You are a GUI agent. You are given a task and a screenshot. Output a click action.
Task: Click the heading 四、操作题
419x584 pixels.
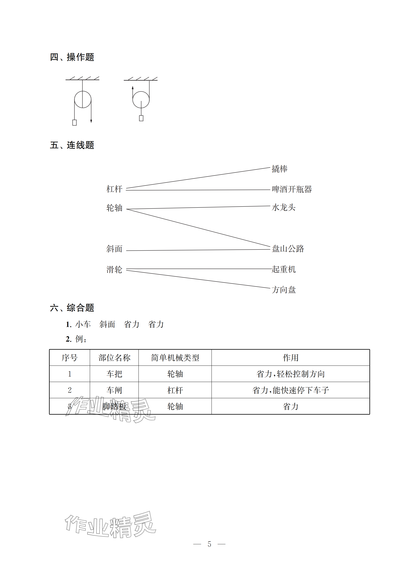72,57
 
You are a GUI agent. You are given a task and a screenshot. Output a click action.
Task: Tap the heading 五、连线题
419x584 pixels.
72,145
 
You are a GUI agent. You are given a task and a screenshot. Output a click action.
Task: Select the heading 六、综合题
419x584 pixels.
72,308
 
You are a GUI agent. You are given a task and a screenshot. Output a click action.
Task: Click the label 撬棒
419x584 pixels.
279,169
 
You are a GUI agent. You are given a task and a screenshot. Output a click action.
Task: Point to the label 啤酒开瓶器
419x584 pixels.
292,189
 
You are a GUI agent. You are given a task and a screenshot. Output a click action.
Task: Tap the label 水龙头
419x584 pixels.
283,207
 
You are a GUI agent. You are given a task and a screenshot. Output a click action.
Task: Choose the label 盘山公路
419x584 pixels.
288,249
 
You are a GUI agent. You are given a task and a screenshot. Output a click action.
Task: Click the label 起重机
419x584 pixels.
284,269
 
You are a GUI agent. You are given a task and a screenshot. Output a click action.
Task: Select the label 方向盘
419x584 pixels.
284,290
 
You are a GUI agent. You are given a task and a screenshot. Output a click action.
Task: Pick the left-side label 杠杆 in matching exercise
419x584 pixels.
114,189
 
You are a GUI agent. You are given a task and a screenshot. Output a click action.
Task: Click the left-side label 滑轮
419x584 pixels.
114,270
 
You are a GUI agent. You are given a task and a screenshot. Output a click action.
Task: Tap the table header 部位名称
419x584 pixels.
114,358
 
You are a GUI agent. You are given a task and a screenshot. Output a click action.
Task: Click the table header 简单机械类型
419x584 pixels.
175,358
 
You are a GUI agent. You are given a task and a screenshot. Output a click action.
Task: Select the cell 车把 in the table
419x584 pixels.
114,374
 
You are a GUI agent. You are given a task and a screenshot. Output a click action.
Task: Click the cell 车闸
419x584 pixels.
114,390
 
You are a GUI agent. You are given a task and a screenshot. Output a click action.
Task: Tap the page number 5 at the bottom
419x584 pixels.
209,544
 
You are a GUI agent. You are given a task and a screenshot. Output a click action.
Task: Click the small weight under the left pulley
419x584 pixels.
74,123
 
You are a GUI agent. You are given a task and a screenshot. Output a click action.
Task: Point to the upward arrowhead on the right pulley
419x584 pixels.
132,88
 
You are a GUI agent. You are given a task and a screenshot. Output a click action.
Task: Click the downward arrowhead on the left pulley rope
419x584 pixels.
91,121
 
